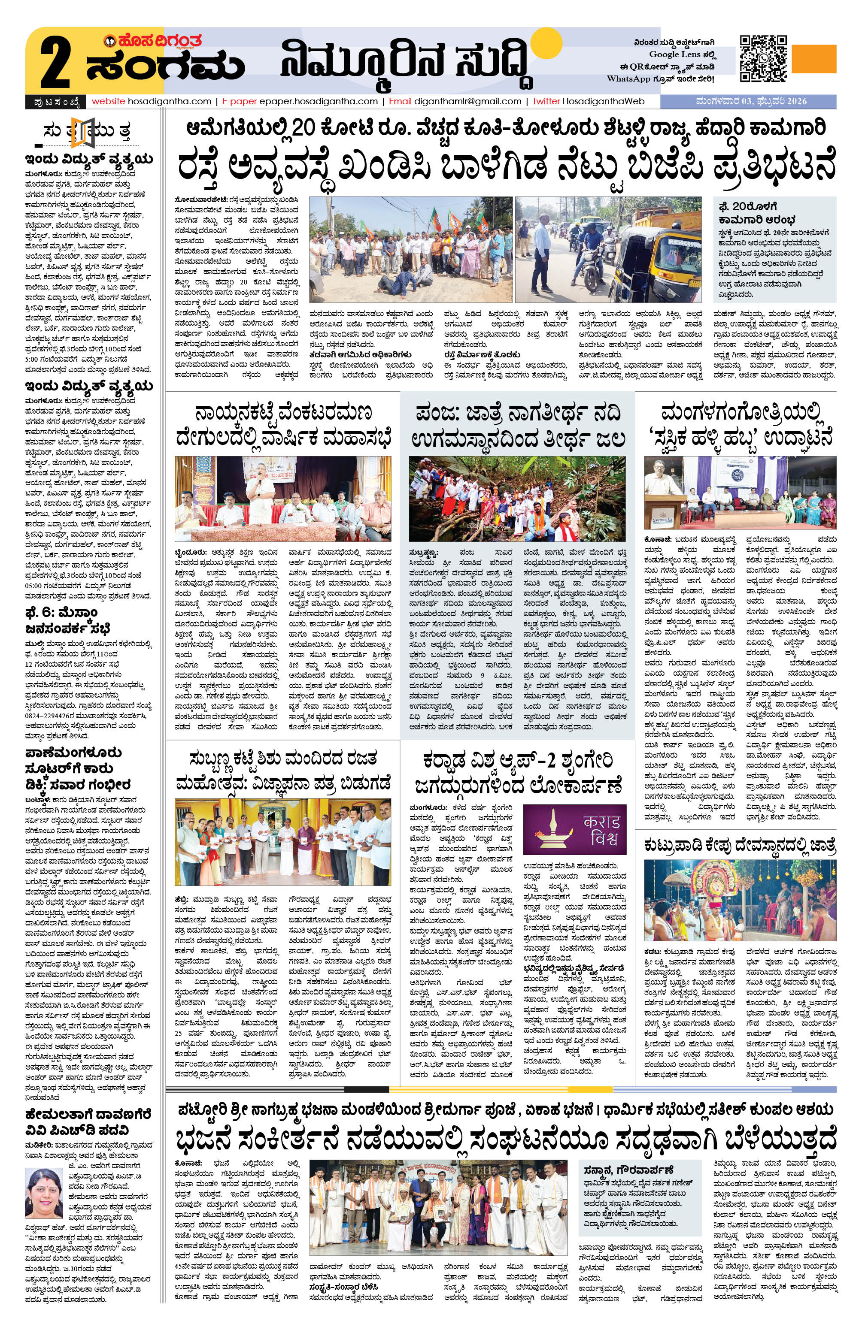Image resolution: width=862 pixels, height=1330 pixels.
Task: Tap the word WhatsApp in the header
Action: coord(629,79)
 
